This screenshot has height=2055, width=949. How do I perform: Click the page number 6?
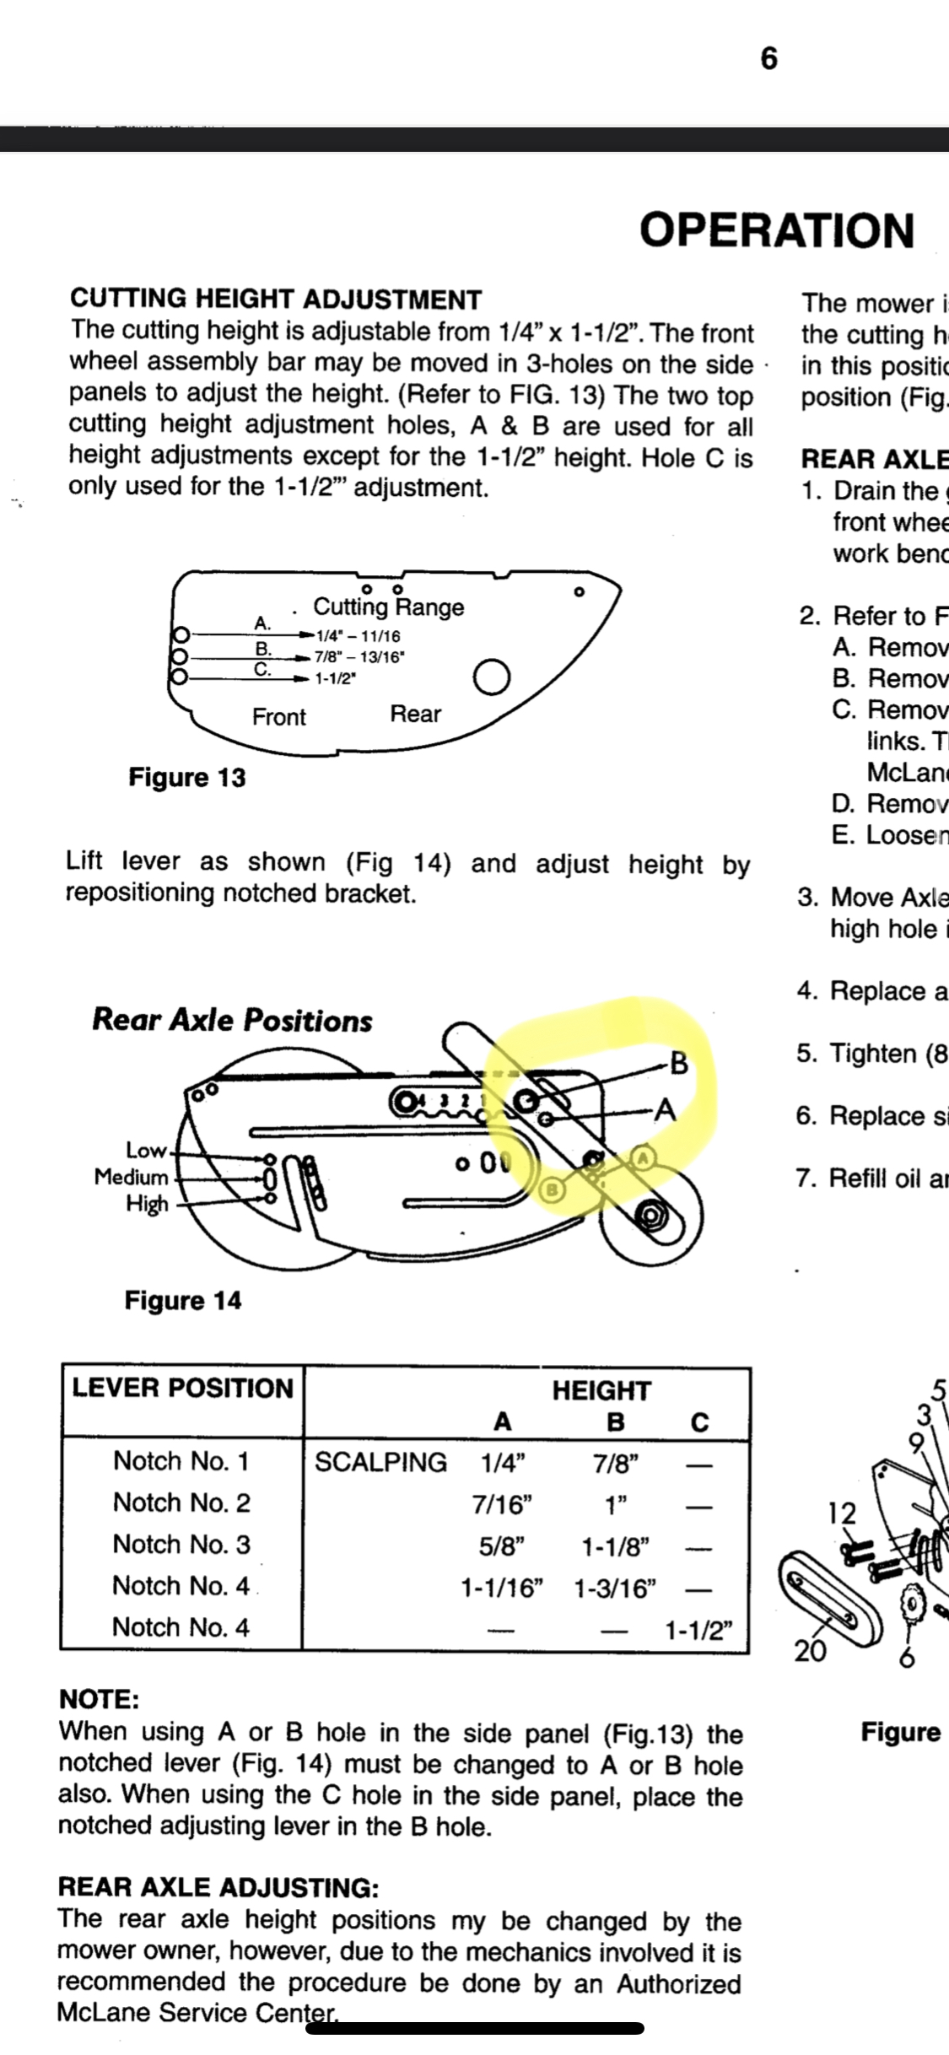tap(768, 59)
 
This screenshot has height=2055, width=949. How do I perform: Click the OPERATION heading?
tap(776, 230)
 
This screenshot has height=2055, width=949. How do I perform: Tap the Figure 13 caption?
tap(186, 777)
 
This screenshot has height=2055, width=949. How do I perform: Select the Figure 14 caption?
tap(182, 1300)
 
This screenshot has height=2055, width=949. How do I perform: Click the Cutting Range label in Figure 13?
tap(388, 607)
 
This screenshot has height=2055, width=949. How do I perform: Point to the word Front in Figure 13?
tap(278, 717)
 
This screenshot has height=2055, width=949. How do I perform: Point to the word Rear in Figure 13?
tap(415, 715)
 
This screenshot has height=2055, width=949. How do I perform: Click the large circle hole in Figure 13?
tap(492, 677)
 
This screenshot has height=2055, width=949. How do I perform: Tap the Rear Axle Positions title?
tap(232, 1021)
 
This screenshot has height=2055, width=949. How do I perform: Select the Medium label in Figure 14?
tap(132, 1177)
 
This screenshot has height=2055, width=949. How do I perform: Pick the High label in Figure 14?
tap(147, 1204)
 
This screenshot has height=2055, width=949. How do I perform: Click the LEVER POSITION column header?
tap(182, 1389)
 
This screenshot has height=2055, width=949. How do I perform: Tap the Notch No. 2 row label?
tap(181, 1502)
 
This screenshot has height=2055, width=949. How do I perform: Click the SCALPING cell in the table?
tap(380, 1462)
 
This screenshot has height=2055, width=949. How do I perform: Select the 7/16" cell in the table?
tap(503, 1504)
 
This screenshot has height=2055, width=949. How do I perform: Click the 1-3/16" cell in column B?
tap(615, 1588)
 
